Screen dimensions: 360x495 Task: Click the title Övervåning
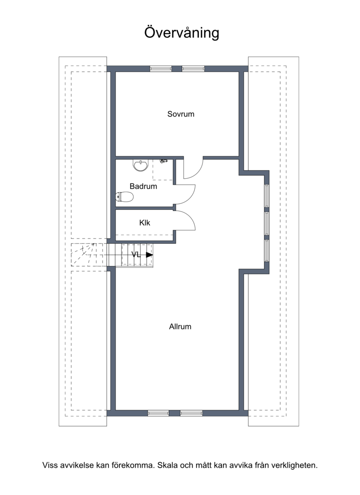182,33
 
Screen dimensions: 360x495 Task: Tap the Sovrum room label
180,114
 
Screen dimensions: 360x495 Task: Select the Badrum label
144,186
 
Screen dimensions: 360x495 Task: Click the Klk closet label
144,223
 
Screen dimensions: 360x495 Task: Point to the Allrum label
180,326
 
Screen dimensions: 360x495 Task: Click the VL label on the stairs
136,254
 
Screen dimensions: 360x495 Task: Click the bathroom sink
140,166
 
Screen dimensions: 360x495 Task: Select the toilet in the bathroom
124,197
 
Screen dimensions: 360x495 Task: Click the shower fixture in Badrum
164,161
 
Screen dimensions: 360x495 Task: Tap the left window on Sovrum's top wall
161,68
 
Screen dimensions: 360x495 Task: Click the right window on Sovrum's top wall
193,68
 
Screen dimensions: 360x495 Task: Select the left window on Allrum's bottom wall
158,413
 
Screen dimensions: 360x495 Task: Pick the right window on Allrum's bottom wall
191,413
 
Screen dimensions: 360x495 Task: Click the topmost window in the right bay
267,196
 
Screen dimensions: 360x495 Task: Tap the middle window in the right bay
267,224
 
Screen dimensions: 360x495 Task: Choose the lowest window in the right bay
267,251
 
